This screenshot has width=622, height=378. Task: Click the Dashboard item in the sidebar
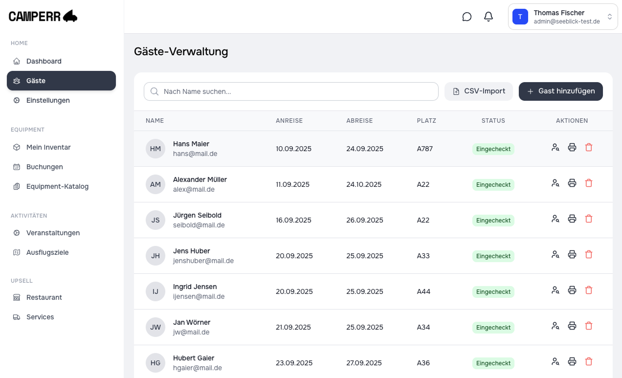[44, 61]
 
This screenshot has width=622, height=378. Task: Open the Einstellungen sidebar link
[47, 100]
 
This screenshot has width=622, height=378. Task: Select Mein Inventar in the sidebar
[48, 147]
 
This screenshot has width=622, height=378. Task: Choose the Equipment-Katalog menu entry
[57, 186]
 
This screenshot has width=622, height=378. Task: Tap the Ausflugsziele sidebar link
[47, 252]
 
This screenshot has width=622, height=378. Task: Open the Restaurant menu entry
[44, 297]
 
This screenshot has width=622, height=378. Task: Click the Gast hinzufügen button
[560, 91]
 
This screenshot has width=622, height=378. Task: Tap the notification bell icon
[488, 17]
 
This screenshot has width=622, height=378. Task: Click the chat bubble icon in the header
[466, 17]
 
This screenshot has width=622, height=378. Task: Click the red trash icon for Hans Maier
[588, 147]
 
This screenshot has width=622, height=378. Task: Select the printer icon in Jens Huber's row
[572, 254]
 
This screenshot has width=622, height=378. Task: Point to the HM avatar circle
[155, 149]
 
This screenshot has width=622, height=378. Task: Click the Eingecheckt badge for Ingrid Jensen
[493, 292]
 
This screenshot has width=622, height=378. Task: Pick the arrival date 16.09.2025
[293, 220]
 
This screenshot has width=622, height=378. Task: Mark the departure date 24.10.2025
[364, 184]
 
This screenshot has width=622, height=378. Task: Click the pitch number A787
[424, 149]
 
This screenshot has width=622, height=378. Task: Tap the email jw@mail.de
[191, 332]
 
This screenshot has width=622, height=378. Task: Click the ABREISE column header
[359, 121]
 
